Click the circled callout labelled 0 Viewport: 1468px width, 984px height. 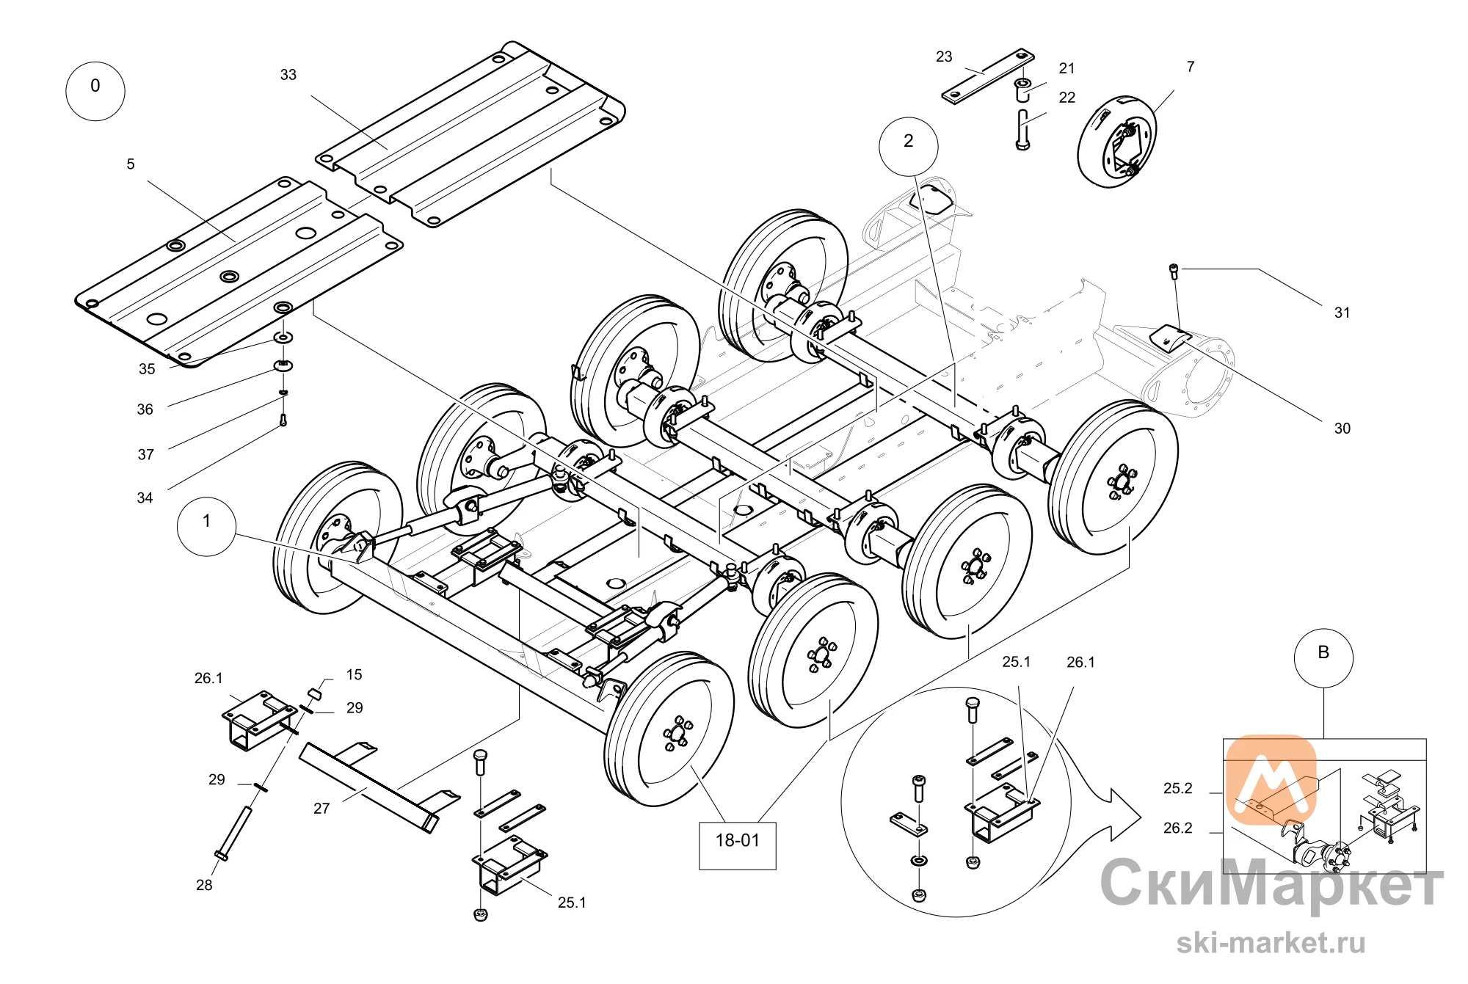point(95,91)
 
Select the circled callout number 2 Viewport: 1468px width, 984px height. point(909,146)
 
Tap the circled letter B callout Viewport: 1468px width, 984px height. point(1323,657)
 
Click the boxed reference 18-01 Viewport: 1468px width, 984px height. point(738,846)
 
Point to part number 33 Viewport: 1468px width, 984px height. point(288,75)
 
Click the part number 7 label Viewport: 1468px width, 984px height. point(1191,67)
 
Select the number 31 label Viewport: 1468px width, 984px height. point(1342,313)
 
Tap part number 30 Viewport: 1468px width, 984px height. point(1342,429)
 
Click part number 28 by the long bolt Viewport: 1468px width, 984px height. point(204,885)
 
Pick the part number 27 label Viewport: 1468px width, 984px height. point(321,809)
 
